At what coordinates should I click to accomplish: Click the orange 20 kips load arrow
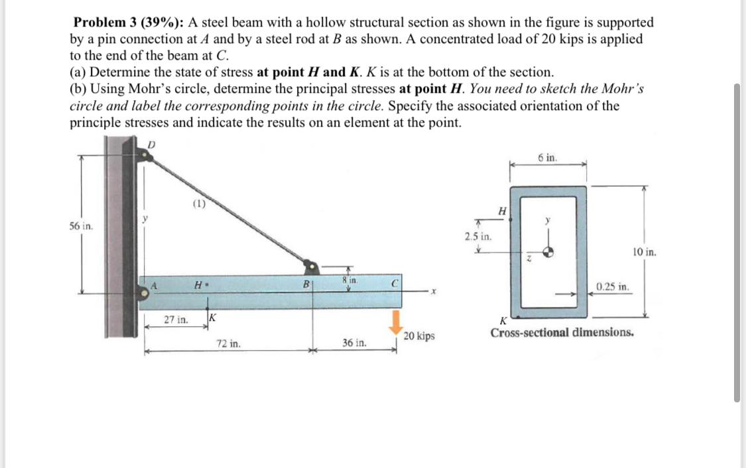tap(395, 323)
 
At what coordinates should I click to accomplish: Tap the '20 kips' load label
tap(420, 336)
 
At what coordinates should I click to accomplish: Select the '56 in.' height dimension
tap(81, 225)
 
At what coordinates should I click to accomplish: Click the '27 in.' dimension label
tap(176, 320)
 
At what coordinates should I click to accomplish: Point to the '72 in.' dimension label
tap(229, 344)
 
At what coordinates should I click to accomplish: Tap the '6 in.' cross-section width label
tap(548, 158)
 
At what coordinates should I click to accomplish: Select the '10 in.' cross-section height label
tap(644, 252)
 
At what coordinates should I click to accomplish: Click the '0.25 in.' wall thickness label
tap(612, 288)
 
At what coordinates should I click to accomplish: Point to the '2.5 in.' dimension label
tap(477, 236)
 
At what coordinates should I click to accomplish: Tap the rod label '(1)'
tap(198, 205)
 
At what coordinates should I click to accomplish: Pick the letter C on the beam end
tap(393, 282)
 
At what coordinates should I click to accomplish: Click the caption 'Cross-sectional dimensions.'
tap(562, 332)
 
